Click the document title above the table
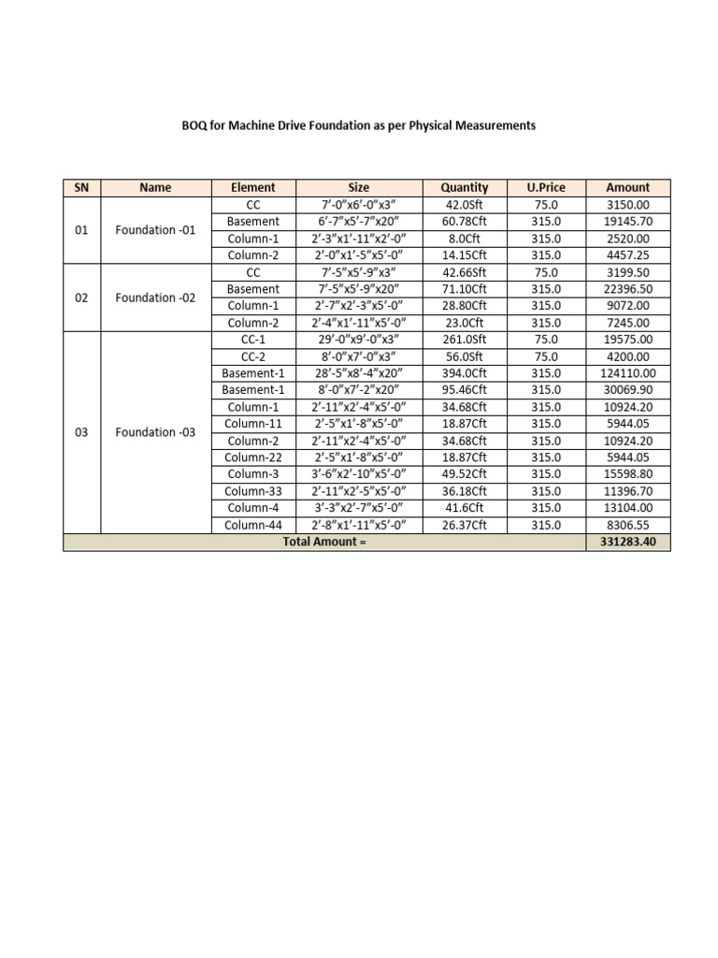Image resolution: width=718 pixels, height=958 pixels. [359, 124]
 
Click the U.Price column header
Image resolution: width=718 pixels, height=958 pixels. [546, 187]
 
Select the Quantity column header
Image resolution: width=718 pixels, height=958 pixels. [465, 187]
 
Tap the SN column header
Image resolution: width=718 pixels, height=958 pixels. [81, 187]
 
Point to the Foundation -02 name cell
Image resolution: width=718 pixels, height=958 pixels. [155, 298]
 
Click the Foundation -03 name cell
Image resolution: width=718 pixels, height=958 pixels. [155, 432]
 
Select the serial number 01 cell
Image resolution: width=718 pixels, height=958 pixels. [81, 230]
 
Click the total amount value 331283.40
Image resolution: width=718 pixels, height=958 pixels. [627, 543]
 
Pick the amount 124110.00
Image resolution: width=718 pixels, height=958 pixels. [627, 373]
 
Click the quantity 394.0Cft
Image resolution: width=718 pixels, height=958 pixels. [465, 373]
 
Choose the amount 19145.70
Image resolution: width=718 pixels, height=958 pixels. [627, 222]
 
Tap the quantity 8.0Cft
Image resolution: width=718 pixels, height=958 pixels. [465, 239]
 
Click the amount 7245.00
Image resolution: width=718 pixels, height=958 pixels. [627, 323]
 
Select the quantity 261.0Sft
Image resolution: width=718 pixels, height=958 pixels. [465, 340]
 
